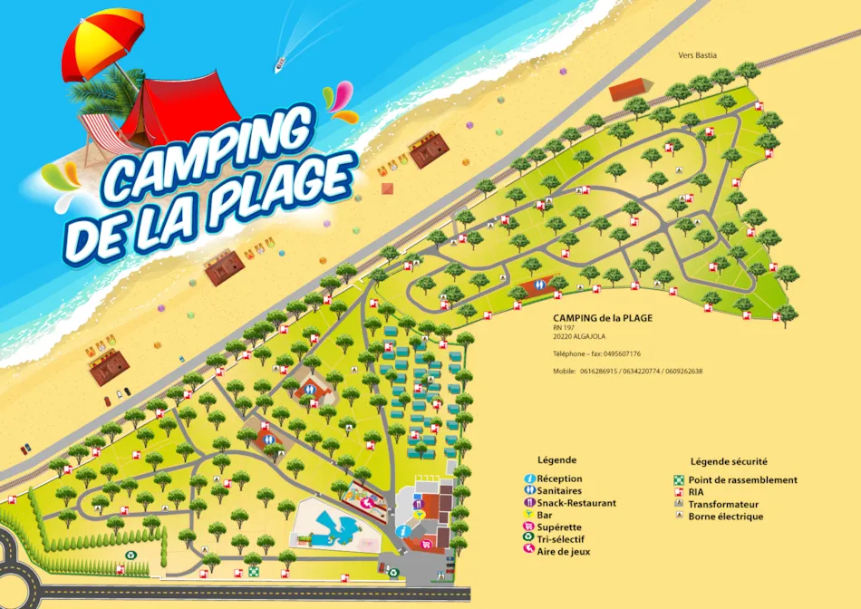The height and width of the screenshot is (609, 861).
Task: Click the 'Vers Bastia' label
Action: [x=697, y=55]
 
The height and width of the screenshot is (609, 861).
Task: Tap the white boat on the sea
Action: [x=280, y=64]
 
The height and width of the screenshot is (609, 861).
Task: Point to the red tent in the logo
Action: [x=180, y=107]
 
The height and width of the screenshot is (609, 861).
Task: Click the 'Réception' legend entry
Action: [x=559, y=478]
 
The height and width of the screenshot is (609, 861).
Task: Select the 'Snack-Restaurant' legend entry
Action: [x=576, y=503]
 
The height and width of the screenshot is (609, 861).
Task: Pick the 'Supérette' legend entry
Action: [x=559, y=527]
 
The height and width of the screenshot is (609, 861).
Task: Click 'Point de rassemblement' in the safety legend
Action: [x=742, y=479]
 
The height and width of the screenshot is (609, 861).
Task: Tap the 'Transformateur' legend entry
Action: [x=722, y=504]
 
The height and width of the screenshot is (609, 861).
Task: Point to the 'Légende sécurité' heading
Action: [x=729, y=461]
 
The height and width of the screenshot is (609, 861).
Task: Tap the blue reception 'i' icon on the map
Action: [x=401, y=530]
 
